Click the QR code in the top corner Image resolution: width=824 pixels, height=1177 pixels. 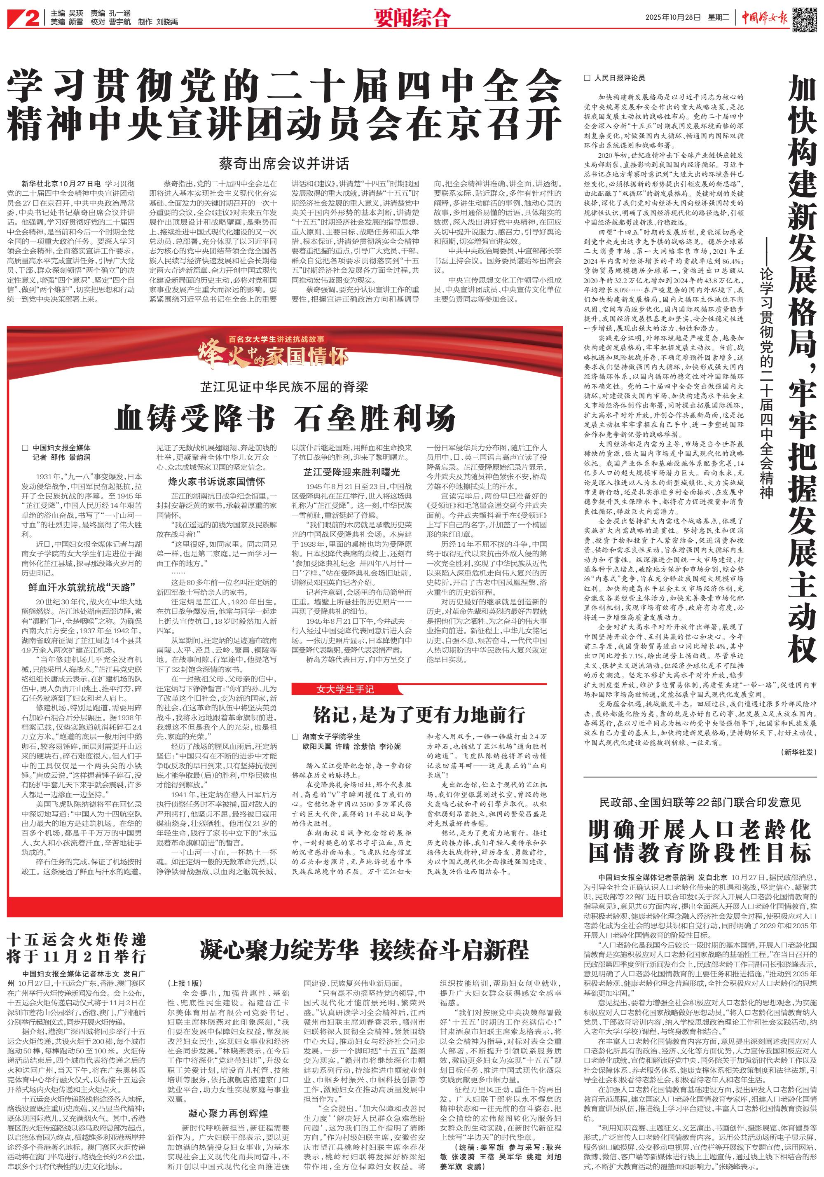[805, 19]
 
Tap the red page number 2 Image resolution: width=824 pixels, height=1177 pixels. [31, 19]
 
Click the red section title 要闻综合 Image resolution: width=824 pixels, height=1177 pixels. [412, 19]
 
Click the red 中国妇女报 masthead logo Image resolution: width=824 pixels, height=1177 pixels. [765, 19]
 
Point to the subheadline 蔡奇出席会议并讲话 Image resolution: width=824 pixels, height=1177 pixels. [283, 164]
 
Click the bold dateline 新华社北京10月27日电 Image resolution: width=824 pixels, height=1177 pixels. [61, 183]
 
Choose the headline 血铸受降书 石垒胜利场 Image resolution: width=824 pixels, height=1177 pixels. [285, 418]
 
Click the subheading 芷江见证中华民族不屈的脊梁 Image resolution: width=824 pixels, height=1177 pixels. [284, 386]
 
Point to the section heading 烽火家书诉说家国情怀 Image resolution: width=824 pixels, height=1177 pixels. [216, 481]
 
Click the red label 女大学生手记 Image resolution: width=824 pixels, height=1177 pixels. [345, 690]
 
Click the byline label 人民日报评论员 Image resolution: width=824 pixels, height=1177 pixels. [619, 78]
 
